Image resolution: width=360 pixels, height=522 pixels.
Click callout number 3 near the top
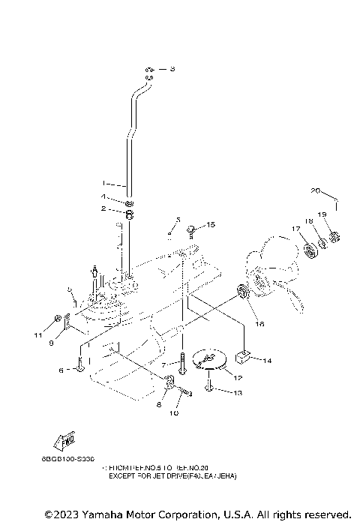172,69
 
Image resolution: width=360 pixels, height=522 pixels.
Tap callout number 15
211,224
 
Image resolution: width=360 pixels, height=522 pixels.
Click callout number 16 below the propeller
260,323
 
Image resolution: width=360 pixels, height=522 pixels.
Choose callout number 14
268,361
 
